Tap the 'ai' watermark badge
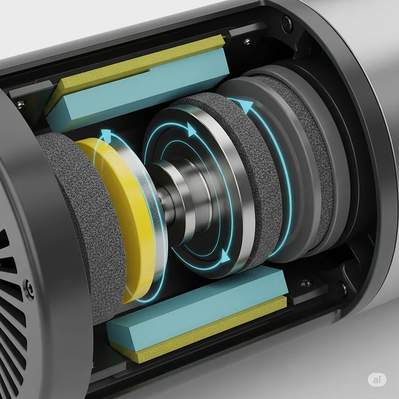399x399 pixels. click(x=377, y=379)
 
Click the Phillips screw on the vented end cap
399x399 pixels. click(x=28, y=284)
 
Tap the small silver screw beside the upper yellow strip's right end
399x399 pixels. click(x=247, y=42)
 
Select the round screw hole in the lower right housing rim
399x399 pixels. click(x=342, y=290)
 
